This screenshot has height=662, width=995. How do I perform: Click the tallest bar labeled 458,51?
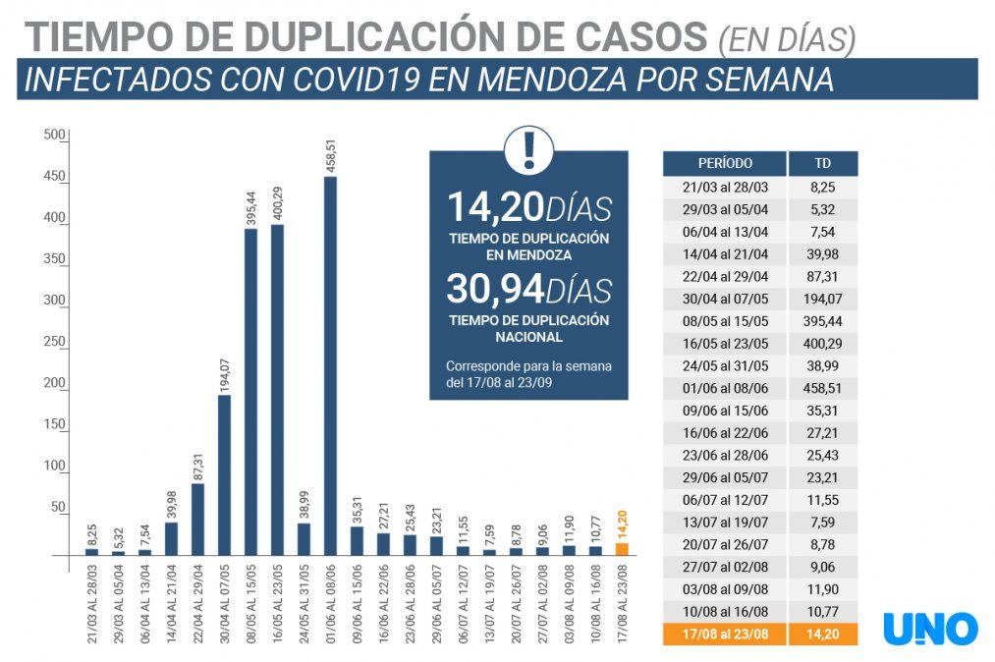[330, 365]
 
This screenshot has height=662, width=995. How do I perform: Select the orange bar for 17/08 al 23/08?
[622, 549]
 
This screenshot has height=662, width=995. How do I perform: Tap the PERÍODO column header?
[725, 163]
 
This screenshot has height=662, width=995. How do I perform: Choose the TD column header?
[822, 163]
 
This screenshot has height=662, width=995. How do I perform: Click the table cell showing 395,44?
[822, 320]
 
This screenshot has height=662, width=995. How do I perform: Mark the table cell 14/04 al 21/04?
[725, 252]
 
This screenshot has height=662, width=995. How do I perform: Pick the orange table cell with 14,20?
[822, 634]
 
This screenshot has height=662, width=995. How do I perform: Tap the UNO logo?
[929, 628]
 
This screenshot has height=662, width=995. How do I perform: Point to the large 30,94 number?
[495, 289]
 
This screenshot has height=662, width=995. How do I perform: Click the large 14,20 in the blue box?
[495, 207]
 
